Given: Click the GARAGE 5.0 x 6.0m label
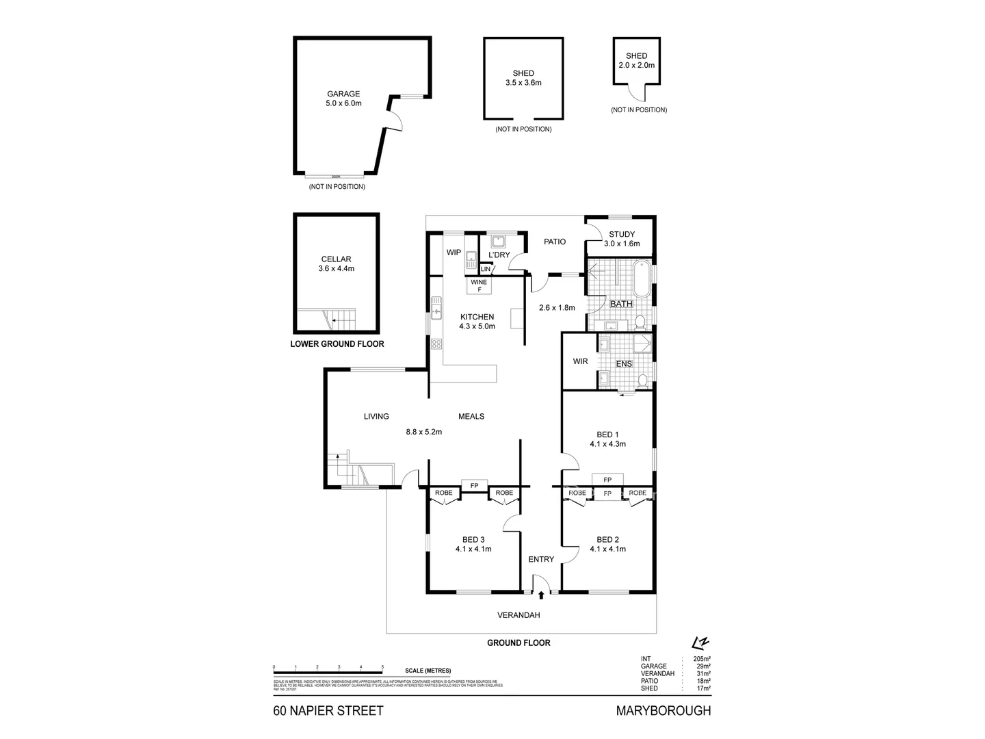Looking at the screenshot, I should [x=343, y=99].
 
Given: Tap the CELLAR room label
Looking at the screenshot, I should [x=336, y=263].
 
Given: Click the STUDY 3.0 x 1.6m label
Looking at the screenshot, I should [x=622, y=239].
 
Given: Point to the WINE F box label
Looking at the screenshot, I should [x=479, y=285].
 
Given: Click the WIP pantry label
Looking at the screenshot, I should [x=454, y=252].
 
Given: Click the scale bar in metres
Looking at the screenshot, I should [x=328, y=666].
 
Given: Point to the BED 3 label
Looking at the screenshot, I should [x=473, y=543].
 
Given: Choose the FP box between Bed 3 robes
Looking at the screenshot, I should [x=474, y=486].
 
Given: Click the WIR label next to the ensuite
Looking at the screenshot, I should [x=581, y=361].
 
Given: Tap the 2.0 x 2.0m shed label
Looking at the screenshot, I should [x=636, y=61].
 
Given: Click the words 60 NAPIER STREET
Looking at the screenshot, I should [x=328, y=711].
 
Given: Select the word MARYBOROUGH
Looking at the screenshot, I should [x=664, y=711].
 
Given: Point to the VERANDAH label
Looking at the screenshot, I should [x=518, y=615].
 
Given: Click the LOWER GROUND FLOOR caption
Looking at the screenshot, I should [x=337, y=344].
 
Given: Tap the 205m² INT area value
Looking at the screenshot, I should [x=702, y=658].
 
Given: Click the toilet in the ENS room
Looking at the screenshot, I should [x=642, y=380].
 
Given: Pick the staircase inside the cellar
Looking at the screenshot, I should [x=340, y=318].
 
